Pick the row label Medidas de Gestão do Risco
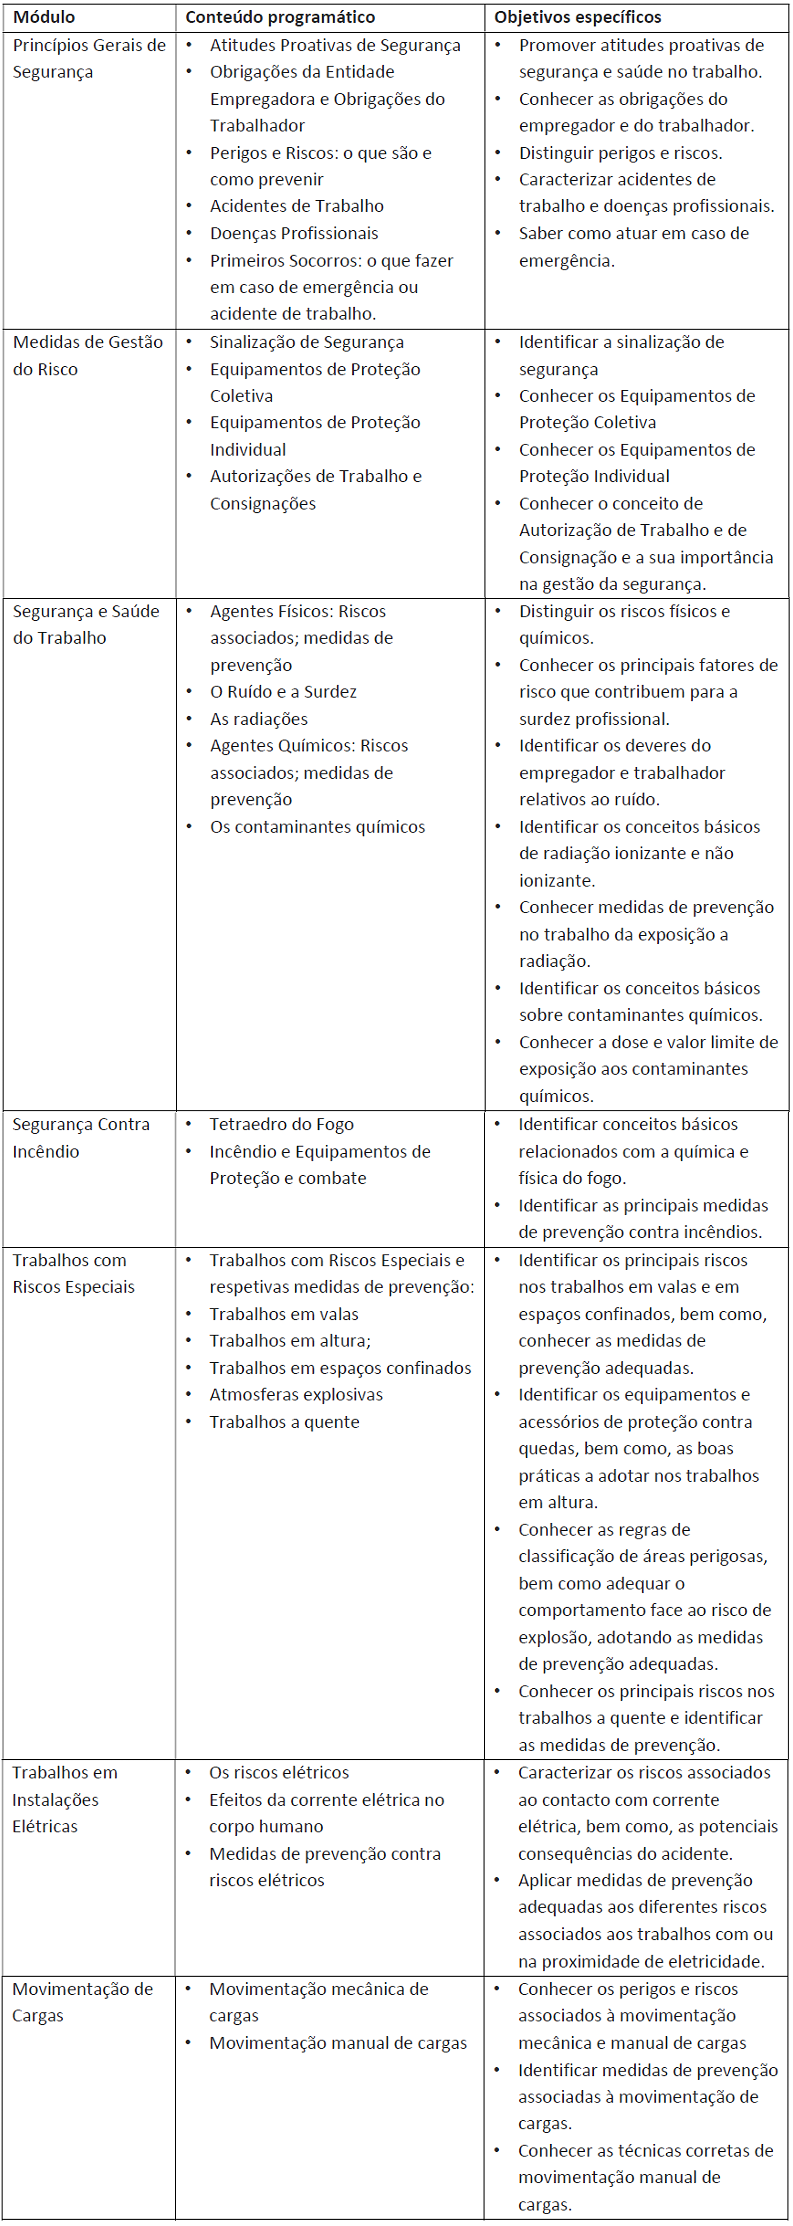click(x=87, y=355)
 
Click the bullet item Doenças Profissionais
click(x=294, y=233)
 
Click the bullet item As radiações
click(x=258, y=719)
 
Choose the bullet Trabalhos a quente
click(x=284, y=1421)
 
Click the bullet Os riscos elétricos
click(x=279, y=1772)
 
